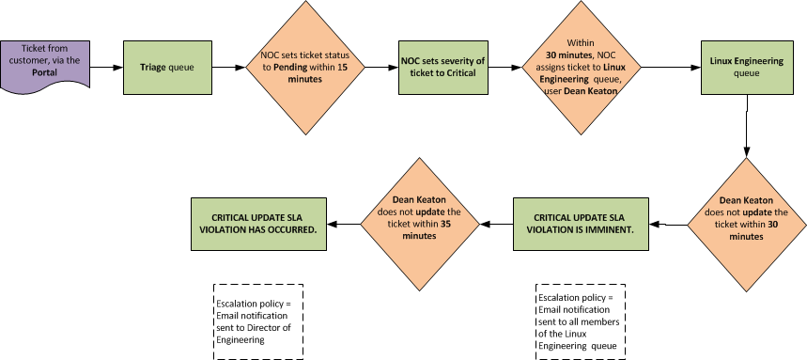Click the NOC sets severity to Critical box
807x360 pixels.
pyautogui.click(x=443, y=68)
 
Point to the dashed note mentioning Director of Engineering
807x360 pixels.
pyautogui.click(x=257, y=321)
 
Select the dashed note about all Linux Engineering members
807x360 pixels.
pyautogui.click(x=580, y=321)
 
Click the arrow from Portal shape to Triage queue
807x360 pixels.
pyautogui.click(x=108, y=68)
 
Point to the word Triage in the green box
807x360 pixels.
pyautogui.click(x=153, y=68)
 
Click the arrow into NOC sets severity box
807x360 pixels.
pyautogui.click(x=376, y=68)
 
